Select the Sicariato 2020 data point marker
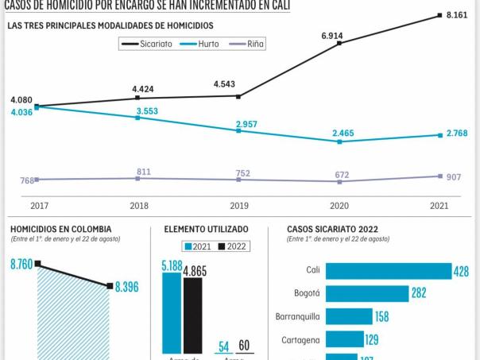(340, 43)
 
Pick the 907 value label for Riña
(454, 176)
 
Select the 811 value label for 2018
(144, 172)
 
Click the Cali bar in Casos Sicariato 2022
(388, 271)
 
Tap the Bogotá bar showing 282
(367, 294)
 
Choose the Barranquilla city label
(298, 316)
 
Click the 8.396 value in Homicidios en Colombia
(126, 287)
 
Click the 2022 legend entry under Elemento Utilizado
(232, 246)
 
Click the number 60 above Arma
(243, 346)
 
